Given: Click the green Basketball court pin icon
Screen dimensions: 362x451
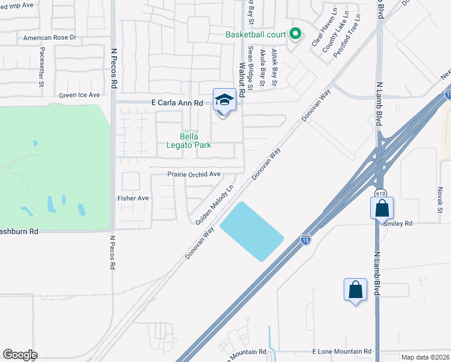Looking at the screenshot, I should (x=295, y=34).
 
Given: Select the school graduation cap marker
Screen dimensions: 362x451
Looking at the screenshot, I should (x=224, y=100).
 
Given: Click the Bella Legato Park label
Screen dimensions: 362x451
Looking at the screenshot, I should (x=188, y=141).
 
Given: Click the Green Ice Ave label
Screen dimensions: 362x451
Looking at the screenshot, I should (x=79, y=95).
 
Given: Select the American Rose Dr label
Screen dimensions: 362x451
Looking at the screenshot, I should (x=50, y=37).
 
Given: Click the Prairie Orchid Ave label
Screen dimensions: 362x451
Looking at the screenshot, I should (x=194, y=174).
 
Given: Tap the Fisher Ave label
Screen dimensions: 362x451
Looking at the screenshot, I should (x=133, y=198).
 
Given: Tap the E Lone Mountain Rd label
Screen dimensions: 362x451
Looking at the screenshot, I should (x=341, y=352).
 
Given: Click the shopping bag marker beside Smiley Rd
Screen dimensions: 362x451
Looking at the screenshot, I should (x=382, y=209).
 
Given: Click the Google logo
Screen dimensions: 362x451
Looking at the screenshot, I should (x=20, y=355).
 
